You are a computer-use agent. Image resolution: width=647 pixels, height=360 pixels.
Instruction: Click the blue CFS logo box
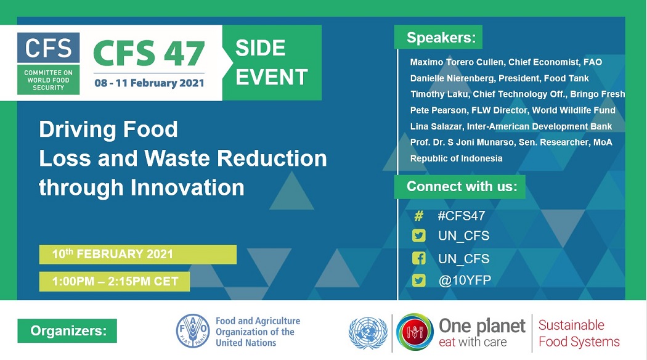point(48,47)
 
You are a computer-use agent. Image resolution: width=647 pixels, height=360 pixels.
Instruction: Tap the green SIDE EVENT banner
point(272,63)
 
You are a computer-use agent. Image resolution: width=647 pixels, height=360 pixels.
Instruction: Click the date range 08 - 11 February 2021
point(149,83)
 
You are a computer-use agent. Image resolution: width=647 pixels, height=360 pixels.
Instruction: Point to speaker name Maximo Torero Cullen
point(457,62)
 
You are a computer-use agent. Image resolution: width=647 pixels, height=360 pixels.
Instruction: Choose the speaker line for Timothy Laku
point(518,94)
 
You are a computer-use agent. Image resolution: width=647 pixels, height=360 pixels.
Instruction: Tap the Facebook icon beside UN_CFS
point(419,258)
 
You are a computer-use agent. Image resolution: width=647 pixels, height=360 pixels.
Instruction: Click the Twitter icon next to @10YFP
point(419,280)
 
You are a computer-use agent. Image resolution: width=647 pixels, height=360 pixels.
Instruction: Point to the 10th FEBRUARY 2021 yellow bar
point(138,255)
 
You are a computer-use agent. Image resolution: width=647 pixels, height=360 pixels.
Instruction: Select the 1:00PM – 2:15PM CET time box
point(115,282)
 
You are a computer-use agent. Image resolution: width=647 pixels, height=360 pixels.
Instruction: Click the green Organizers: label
point(67,330)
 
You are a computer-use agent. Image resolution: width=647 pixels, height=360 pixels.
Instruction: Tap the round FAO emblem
point(193,330)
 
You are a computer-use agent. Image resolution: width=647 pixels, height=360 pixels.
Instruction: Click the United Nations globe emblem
point(368,333)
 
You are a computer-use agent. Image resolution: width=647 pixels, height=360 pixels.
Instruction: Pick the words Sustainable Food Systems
point(579,333)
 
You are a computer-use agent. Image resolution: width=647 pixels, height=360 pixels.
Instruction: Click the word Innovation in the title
point(187,187)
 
